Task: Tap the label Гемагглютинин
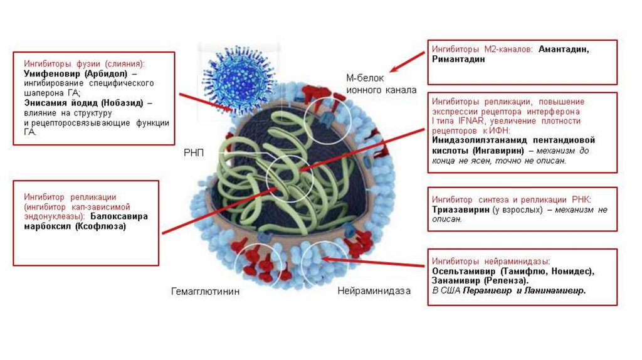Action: click(206, 292)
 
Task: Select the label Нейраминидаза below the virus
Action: click(374, 291)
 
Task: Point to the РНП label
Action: click(194, 154)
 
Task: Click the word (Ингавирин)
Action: click(486, 151)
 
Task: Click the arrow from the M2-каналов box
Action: click(405, 63)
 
